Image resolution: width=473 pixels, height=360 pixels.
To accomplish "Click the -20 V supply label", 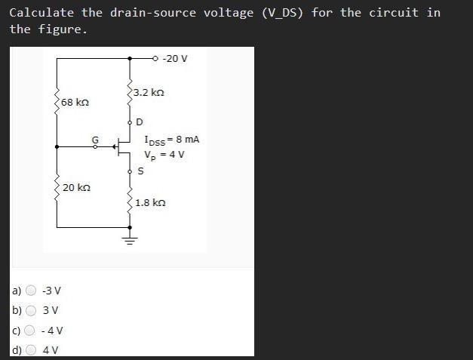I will pos(174,58).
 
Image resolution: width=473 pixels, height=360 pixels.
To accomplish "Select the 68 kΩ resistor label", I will pos(76,101).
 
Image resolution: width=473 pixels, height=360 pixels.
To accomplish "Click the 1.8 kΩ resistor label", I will pos(150,202).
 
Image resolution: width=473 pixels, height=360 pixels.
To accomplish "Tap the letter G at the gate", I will pos(95,139).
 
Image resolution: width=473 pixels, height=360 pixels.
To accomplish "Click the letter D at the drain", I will pos(140,122).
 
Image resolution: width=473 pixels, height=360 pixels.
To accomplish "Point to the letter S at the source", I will pos(140,171).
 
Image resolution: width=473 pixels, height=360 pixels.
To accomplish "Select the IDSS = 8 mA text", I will pos(171,140).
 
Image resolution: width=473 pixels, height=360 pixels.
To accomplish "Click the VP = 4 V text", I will pos(164,155).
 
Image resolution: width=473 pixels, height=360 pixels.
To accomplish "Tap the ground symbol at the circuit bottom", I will pos(129,241).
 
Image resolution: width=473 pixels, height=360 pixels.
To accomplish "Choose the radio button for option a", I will pos(32,291).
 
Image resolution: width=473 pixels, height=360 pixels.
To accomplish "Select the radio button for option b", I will pos(32,310).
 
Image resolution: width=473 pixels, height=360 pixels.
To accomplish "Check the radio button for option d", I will pos(32,349).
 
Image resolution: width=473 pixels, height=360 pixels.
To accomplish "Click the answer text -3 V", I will pos(52,291).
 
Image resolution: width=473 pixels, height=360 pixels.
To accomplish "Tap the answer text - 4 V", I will pos(53,330).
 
